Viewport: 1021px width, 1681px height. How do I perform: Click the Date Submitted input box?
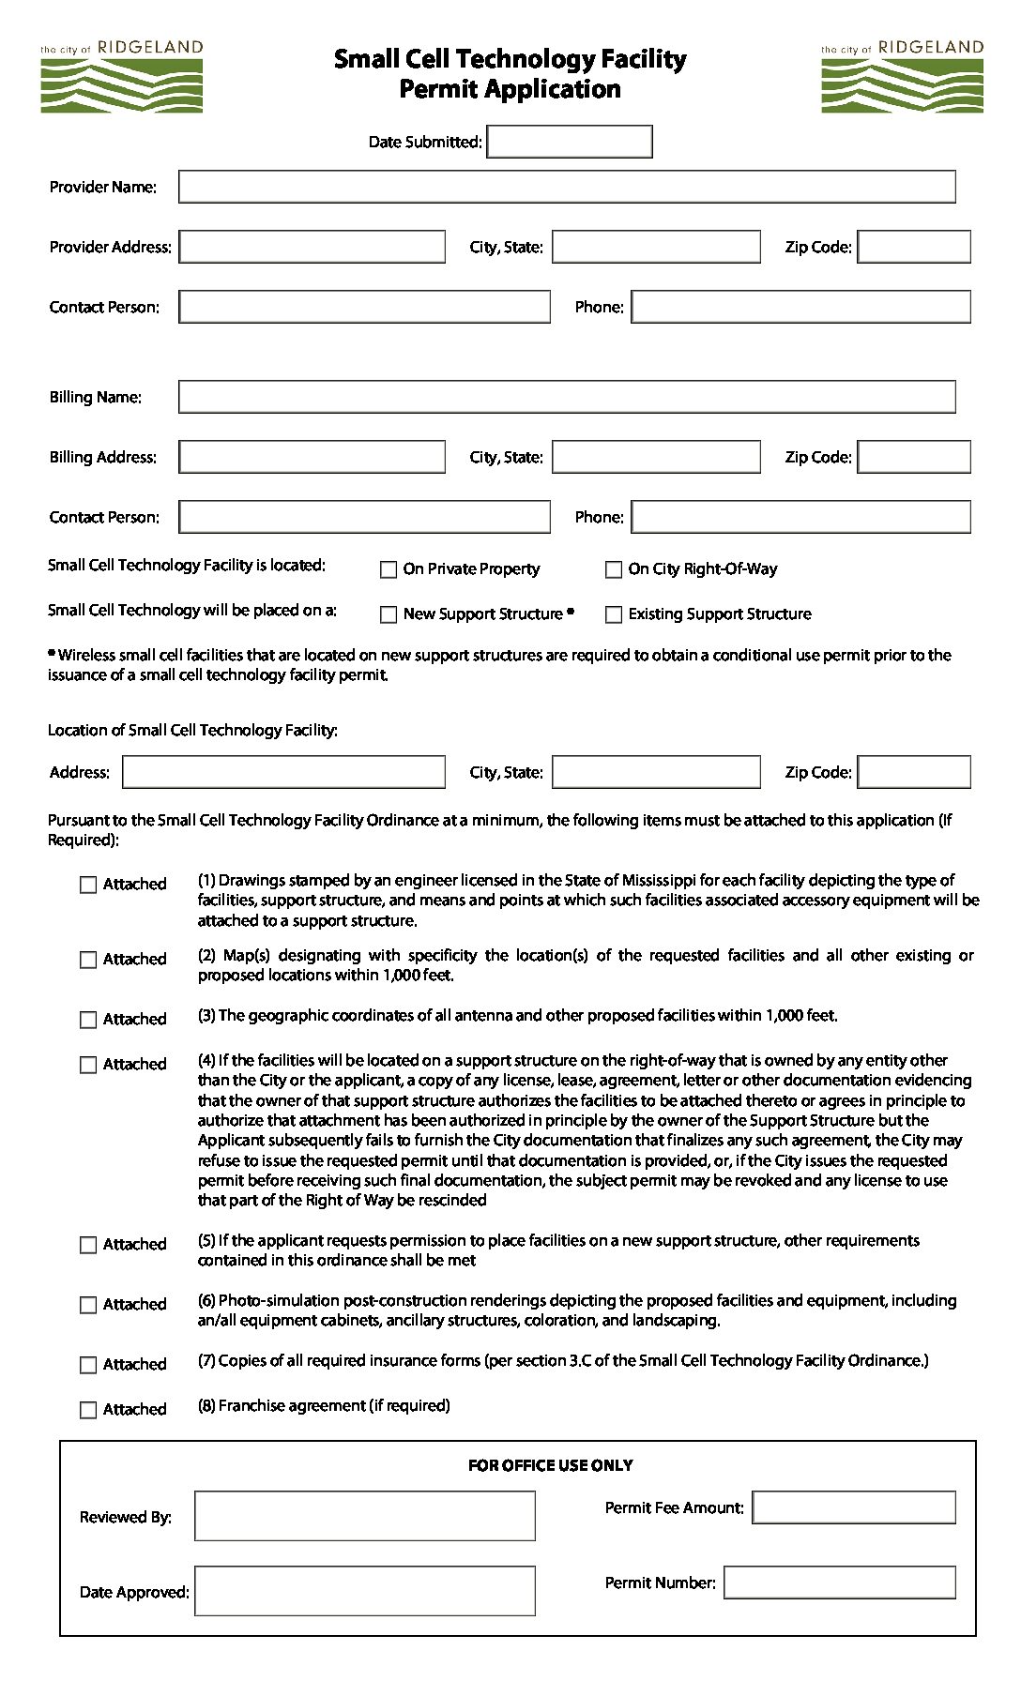(569, 142)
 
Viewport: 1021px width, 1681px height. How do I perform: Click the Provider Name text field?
(567, 187)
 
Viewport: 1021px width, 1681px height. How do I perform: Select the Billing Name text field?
(567, 397)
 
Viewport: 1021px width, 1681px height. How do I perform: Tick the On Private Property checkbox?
(389, 569)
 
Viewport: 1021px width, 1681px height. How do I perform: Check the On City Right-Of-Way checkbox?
(614, 569)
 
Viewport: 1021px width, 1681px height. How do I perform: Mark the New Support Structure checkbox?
(389, 614)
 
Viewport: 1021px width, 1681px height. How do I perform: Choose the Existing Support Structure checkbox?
(614, 614)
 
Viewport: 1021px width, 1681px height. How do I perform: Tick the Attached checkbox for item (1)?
(88, 885)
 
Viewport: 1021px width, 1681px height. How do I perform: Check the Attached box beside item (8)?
(88, 1410)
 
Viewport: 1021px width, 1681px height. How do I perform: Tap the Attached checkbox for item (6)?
(88, 1305)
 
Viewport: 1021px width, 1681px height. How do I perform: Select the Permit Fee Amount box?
(854, 1507)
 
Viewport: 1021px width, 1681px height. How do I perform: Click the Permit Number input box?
(839, 1583)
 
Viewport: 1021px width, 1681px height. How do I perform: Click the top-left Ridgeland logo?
(121, 77)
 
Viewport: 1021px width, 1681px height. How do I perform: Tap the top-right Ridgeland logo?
(902, 77)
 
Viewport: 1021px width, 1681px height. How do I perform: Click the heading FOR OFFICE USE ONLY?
(550, 1465)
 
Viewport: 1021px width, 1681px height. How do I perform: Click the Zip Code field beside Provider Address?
(914, 247)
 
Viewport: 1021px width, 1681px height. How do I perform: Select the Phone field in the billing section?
(800, 517)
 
